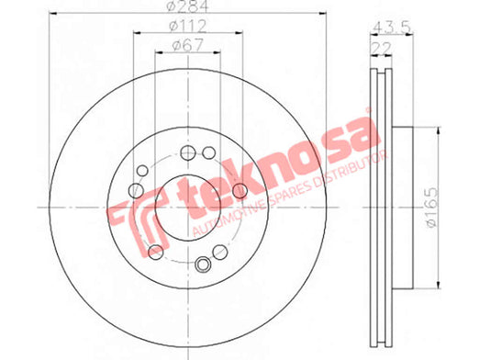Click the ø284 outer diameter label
pyautogui.click(x=189, y=6)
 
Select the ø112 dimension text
pyautogui.click(x=188, y=26)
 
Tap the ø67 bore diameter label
pyautogui.click(x=187, y=46)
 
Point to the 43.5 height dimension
pyautogui.click(x=391, y=28)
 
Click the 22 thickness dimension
pyautogui.click(x=381, y=48)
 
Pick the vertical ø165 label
pyautogui.click(x=432, y=208)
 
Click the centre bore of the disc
pyautogui.click(x=188, y=208)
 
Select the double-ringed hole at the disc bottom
pyautogui.click(x=203, y=264)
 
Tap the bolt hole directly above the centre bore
pyautogui.click(x=188, y=152)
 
